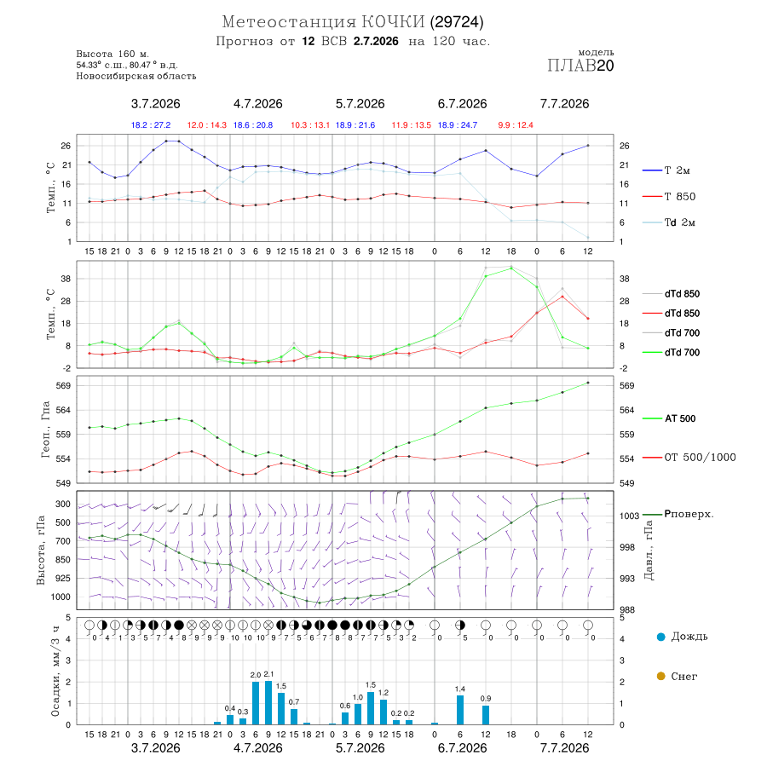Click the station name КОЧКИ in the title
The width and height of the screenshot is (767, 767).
pos(393,22)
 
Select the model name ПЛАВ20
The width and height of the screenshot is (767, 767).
pos(580,66)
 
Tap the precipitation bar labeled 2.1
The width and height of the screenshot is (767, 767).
pos(268,702)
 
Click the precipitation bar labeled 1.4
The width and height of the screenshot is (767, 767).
pos(460,710)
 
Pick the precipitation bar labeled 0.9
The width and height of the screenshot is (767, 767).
pos(486,715)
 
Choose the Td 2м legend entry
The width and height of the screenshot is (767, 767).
pos(669,222)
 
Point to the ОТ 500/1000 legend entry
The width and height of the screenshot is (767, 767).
pos(689,458)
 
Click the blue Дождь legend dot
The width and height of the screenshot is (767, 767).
pos(660,637)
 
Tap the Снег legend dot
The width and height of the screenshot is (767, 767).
pos(660,676)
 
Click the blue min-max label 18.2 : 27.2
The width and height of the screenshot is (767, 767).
pos(151,125)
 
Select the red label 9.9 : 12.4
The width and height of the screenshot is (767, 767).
pos(516,125)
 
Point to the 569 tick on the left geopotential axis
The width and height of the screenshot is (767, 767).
pos(64,385)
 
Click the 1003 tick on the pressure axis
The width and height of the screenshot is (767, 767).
pos(629,516)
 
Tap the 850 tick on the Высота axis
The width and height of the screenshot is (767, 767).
pos(62,560)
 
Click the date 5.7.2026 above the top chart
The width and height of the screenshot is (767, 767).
pos(360,104)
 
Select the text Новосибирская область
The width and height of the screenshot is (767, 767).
pos(136,76)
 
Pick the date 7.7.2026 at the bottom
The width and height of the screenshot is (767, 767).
pos(564,748)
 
